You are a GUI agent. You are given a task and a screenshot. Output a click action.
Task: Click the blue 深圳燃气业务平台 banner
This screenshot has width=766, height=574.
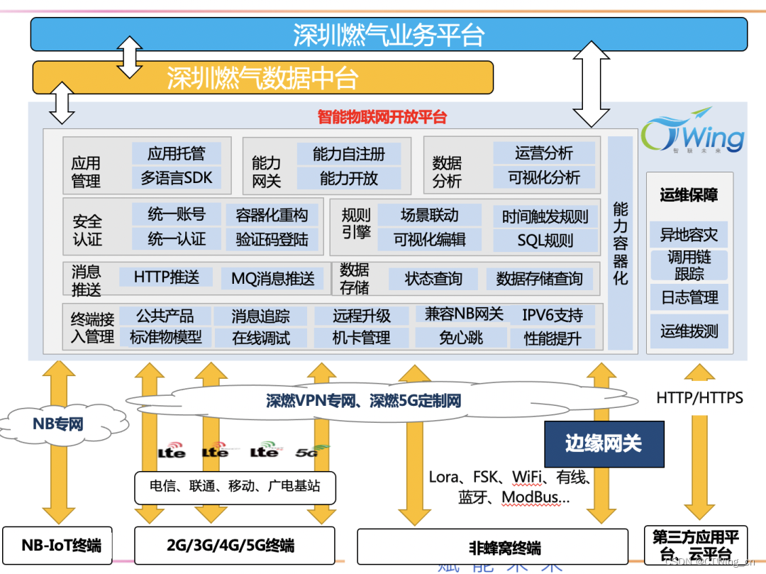tap(389, 35)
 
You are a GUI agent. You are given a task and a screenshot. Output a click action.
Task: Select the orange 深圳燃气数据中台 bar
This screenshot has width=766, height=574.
tap(262, 77)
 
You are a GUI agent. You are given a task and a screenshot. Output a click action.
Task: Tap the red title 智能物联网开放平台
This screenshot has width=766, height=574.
tap(382, 117)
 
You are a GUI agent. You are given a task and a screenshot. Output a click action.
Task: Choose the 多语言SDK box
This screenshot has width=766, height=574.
tap(176, 178)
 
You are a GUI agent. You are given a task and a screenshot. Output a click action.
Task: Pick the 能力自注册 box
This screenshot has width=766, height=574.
tap(348, 154)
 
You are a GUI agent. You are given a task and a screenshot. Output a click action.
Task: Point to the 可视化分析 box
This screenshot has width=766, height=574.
tap(544, 177)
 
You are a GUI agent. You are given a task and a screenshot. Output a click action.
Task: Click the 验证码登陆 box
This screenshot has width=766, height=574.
tap(272, 239)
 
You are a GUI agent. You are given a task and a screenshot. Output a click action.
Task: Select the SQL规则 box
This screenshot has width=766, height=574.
tap(545, 240)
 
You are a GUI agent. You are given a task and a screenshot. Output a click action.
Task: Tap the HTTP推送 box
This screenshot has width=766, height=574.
tap(166, 277)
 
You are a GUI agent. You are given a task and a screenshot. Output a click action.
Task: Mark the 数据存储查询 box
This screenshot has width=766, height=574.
tap(539, 279)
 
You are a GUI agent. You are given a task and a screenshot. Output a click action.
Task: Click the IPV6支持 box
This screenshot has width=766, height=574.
tap(553, 315)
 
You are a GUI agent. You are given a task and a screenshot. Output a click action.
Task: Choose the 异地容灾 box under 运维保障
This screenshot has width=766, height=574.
tap(689, 233)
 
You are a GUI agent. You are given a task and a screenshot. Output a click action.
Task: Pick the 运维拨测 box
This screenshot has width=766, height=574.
tap(689, 331)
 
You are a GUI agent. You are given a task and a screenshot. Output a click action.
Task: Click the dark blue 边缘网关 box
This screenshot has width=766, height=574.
tap(604, 444)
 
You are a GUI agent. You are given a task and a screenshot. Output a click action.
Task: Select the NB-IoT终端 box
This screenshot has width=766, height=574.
tap(62, 545)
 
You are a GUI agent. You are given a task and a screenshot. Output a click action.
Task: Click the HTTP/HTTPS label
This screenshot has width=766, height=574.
tap(699, 397)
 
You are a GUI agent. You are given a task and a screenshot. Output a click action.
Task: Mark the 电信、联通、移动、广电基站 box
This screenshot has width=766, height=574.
tap(235, 487)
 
